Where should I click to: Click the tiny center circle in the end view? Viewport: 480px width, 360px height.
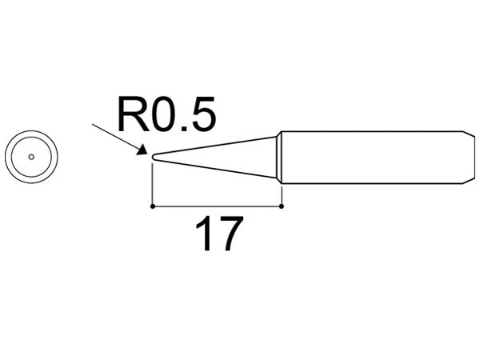tap(30, 157)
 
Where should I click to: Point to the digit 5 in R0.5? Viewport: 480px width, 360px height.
tap(203, 118)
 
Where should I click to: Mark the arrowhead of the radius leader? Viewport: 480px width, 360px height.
tap(143, 150)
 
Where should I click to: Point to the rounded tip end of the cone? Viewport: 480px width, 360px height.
tap(154, 157)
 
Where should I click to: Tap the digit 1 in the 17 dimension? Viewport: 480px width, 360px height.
tap(202, 236)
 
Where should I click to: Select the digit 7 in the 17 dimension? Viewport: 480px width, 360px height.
tap(228, 236)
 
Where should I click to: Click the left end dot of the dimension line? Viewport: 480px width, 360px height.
tap(153, 206)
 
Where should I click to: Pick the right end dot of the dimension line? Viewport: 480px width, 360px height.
tap(282, 206)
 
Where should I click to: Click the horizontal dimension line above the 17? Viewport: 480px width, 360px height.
tap(216, 206)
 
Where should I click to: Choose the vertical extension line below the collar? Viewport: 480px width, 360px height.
tap(282, 194)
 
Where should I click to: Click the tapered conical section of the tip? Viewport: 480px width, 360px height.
tap(224, 157)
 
